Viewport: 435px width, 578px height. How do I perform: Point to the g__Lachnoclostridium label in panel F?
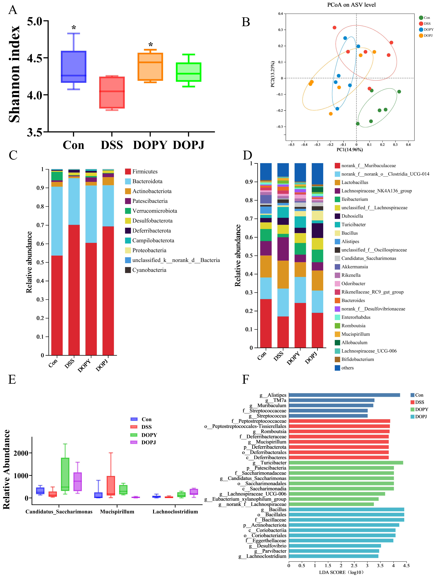pos(262,556)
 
